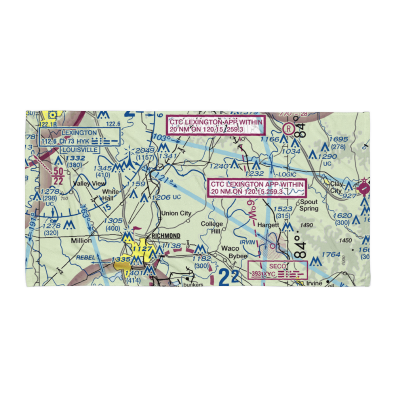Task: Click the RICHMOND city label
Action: pos(166,236)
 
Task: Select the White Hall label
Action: pos(110,194)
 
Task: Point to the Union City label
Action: pos(176,213)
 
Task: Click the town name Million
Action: pos(81,240)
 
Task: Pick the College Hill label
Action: pos(212,227)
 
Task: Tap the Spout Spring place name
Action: pos(309,205)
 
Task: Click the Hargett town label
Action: pos(269,225)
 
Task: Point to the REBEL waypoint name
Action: pos(86,257)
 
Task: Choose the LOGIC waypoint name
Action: pos(287,174)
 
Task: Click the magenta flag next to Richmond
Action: pos(136,228)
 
